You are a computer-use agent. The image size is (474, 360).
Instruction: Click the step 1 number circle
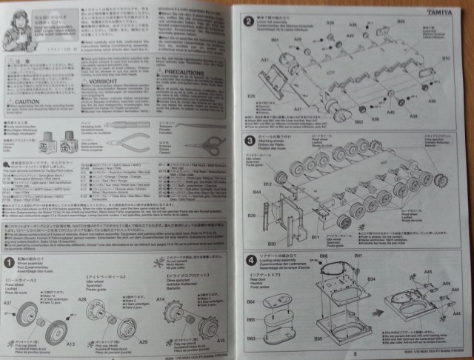tap(9, 261)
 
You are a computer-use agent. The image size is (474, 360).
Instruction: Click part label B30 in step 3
tap(270, 241)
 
